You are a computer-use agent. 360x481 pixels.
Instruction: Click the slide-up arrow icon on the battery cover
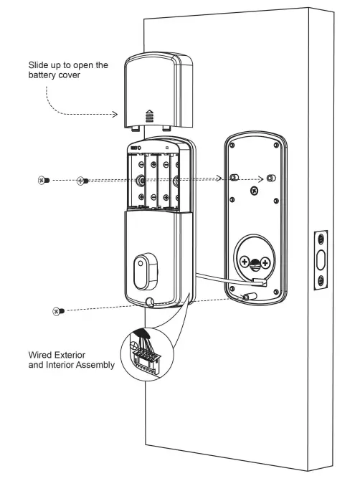(149, 113)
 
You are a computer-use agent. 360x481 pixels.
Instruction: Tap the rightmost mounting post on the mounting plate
(270, 177)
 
